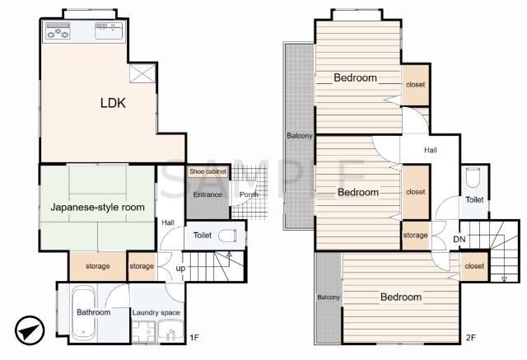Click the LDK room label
[x=113, y=103]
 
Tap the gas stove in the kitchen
[x=58, y=30]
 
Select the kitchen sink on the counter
[x=109, y=30]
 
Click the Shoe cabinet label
[x=208, y=171]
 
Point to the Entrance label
[x=208, y=194]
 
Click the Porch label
[x=249, y=194]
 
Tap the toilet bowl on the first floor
[x=227, y=236]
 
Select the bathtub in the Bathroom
[x=83, y=312]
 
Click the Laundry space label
[x=156, y=312]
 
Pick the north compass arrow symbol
[x=30, y=330]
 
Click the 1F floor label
[x=194, y=337]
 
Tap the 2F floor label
[x=471, y=337]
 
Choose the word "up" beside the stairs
[x=180, y=269]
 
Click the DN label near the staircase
[x=459, y=240]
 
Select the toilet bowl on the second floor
[x=473, y=177]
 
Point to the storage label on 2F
[x=415, y=236]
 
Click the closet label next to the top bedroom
[x=415, y=85]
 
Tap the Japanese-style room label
[x=97, y=207]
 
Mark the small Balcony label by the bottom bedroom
[x=329, y=297]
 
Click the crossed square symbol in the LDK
[x=142, y=73]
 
